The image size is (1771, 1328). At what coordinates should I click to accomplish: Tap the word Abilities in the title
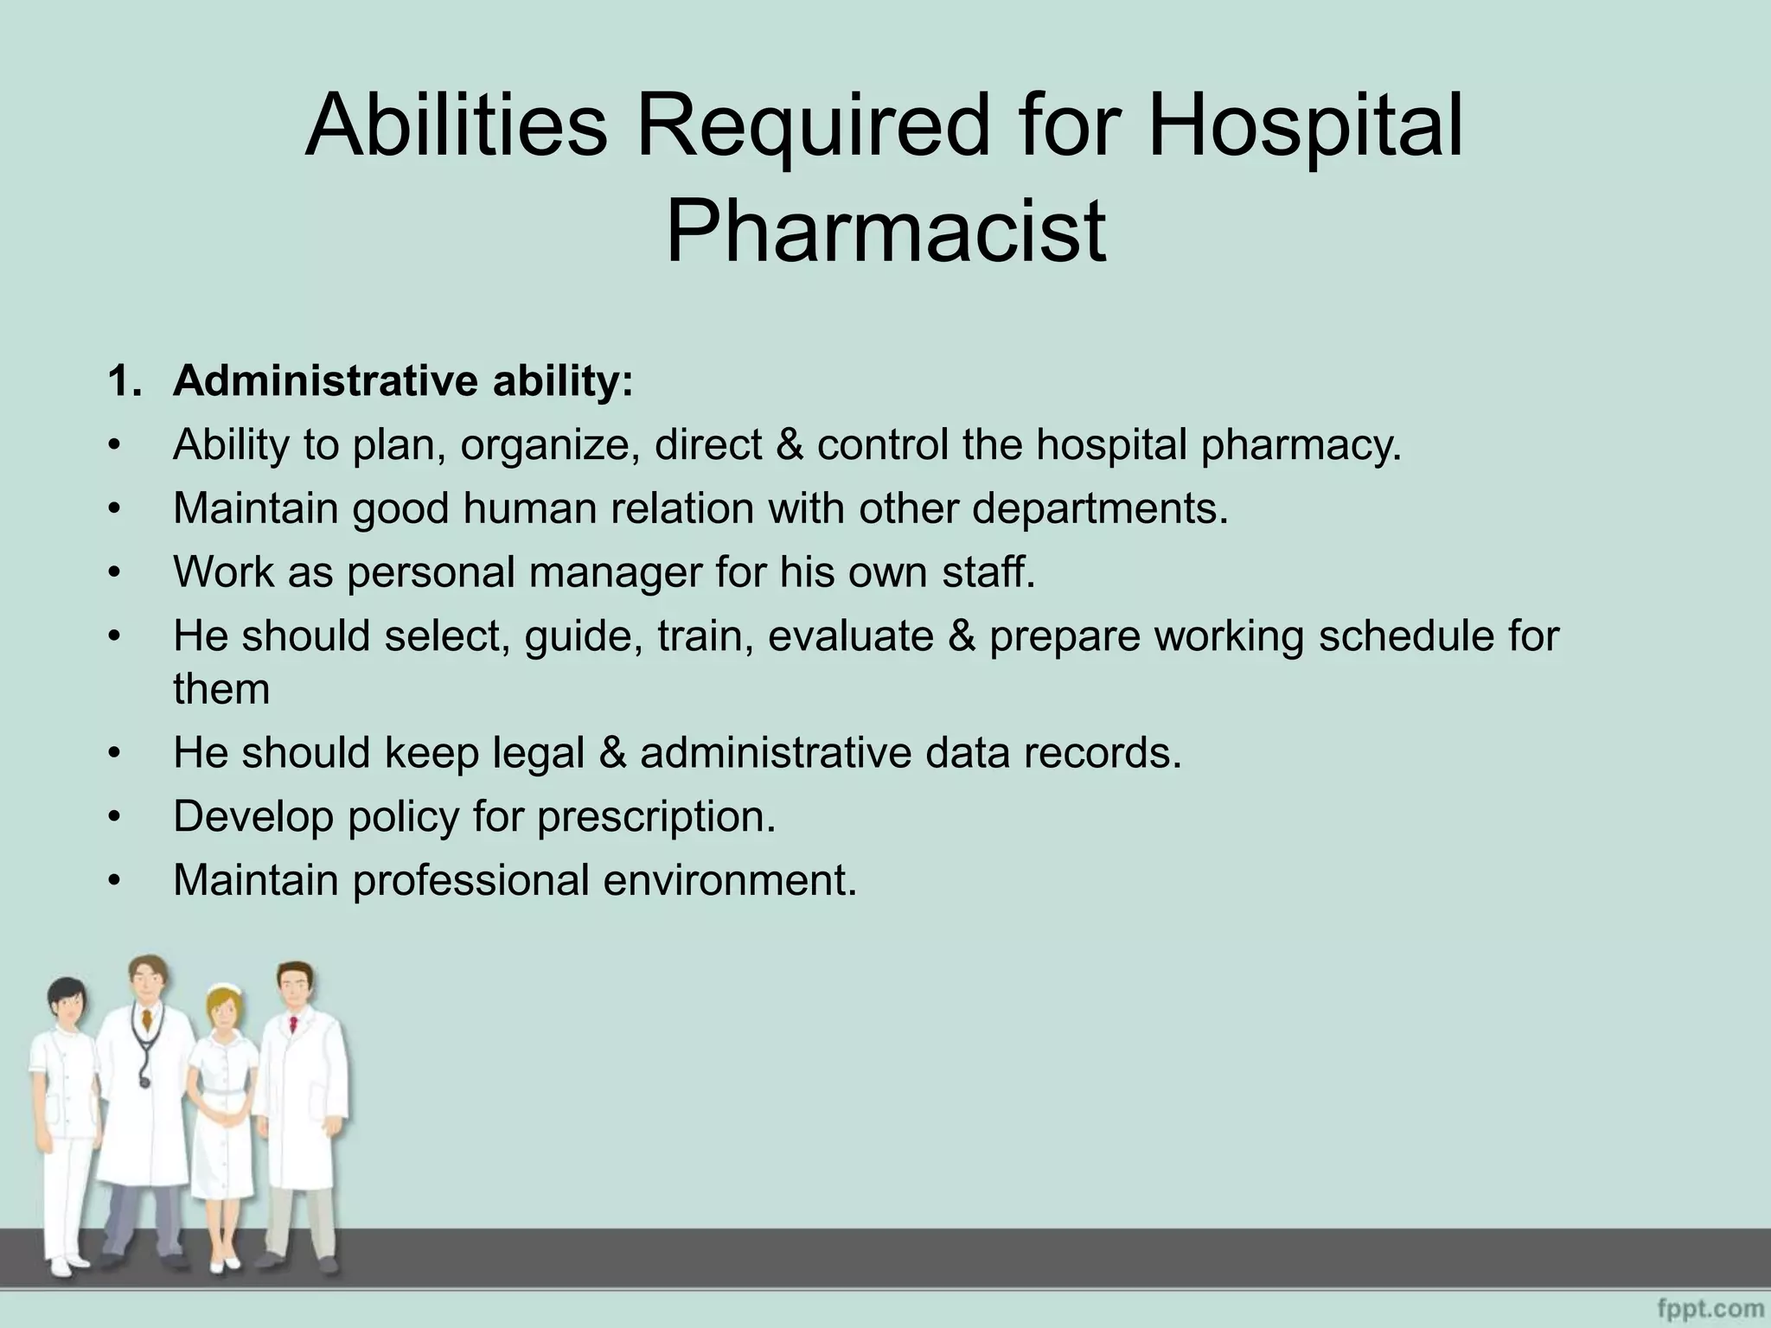pyautogui.click(x=456, y=125)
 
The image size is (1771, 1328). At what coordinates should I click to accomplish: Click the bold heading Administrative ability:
pyautogui.click(x=403, y=381)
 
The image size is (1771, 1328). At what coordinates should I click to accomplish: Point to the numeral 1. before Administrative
pyautogui.click(x=125, y=381)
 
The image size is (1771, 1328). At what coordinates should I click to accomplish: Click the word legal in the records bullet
pyautogui.click(x=539, y=753)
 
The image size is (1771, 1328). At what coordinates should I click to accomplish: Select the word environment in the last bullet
pyautogui.click(x=728, y=880)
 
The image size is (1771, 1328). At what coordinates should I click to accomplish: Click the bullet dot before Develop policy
pyautogui.click(x=112, y=817)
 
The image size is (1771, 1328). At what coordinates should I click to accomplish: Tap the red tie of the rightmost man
pyautogui.click(x=293, y=1025)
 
